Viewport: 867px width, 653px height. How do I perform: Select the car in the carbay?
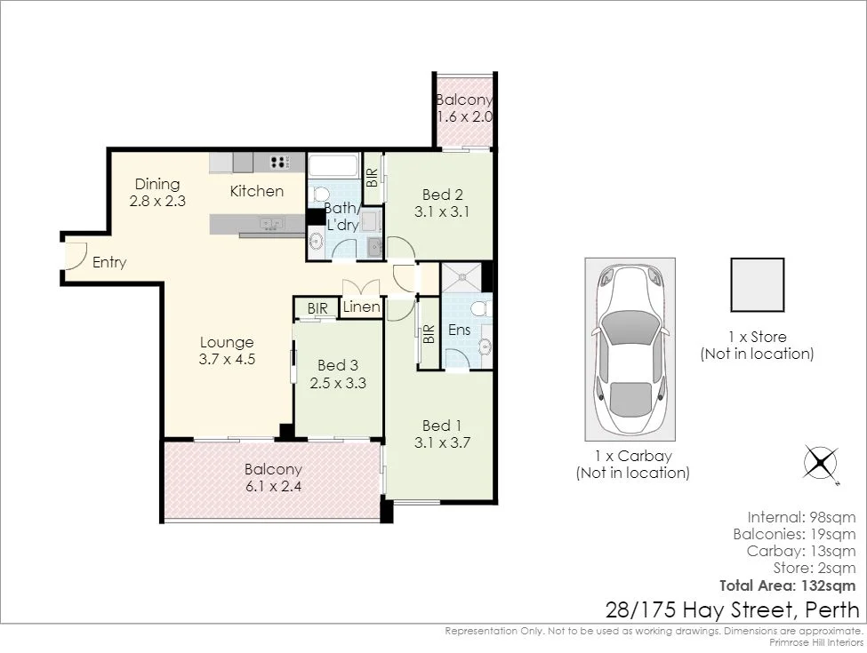(x=630, y=349)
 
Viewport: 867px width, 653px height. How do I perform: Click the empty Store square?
(x=757, y=285)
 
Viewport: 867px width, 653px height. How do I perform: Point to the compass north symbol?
(x=822, y=462)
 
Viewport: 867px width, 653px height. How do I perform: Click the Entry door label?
(x=109, y=263)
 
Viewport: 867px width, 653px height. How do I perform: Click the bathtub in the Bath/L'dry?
(x=333, y=165)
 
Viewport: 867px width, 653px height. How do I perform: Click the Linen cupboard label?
(x=362, y=307)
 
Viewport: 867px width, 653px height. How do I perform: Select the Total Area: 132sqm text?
(x=787, y=585)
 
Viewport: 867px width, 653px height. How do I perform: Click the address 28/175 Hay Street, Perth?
(x=732, y=610)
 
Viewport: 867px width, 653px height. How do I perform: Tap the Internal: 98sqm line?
(x=801, y=516)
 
